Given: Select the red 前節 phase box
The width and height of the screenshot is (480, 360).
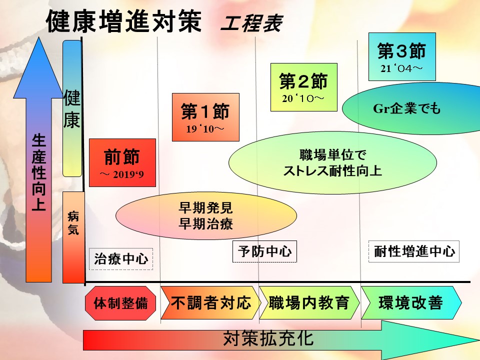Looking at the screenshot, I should point(122,162).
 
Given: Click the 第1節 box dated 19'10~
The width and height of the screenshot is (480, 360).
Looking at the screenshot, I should point(205,117).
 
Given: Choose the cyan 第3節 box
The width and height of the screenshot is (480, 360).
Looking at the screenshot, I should point(401,56).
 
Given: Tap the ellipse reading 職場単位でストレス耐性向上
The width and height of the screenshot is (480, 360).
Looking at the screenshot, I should point(332,163).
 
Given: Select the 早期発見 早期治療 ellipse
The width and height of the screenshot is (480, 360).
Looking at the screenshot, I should point(205,214).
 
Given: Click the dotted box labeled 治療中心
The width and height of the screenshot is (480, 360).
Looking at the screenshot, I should point(121,259).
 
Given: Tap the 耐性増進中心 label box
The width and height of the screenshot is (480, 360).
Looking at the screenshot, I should point(414,251).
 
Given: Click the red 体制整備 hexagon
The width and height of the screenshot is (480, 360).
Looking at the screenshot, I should point(121,303).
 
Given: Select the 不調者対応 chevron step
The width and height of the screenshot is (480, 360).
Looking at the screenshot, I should point(210,303).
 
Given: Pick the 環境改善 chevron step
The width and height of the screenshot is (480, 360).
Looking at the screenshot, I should point(410,303).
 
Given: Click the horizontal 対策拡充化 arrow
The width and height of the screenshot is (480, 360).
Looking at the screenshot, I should point(270,340).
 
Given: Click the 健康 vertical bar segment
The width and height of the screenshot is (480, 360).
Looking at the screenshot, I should point(72,109).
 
